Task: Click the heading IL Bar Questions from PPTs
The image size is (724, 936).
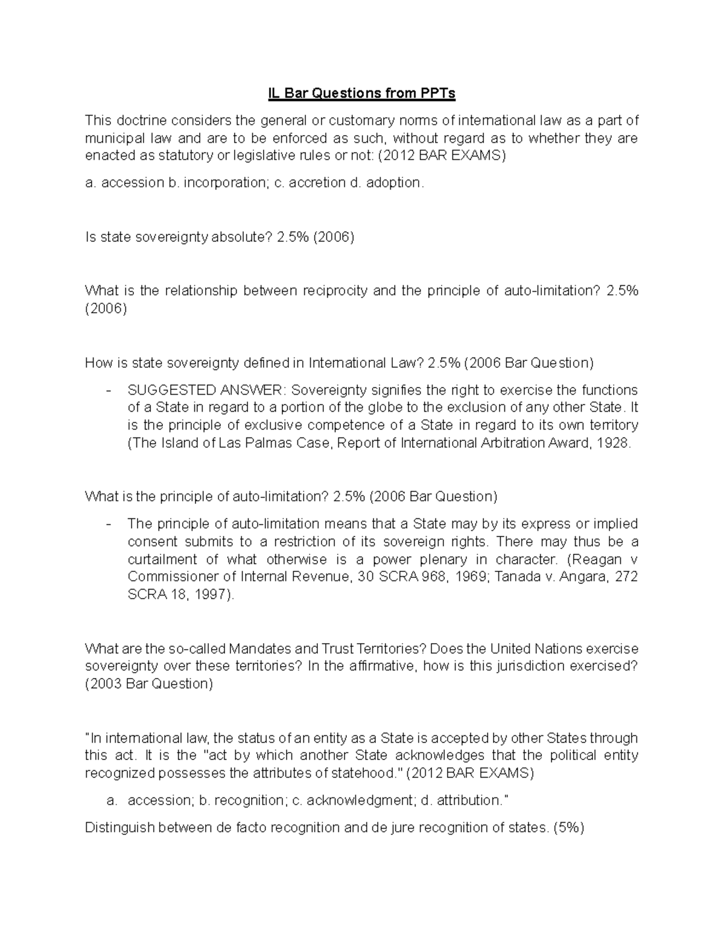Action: [361, 93]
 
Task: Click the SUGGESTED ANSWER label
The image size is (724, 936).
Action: [207, 390]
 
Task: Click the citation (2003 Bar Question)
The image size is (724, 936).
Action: [149, 684]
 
